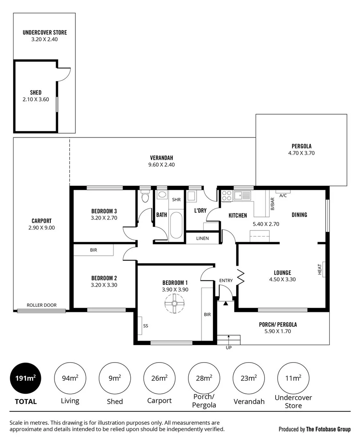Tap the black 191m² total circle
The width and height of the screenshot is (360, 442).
[x=25, y=378]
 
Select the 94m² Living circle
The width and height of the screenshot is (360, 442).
[x=70, y=378]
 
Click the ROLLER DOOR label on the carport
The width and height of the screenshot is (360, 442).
[x=41, y=305]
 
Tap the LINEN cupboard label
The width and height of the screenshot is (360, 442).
[x=202, y=238]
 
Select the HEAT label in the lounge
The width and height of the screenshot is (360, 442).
[x=320, y=269]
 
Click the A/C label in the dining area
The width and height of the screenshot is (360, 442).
[x=283, y=196]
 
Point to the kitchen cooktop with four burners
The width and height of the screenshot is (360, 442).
[x=226, y=196]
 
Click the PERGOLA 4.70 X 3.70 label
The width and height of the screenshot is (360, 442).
[x=301, y=149]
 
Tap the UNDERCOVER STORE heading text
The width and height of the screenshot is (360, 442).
[x=45, y=32]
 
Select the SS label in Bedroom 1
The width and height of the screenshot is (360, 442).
[x=145, y=326]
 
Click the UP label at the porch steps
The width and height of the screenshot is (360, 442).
[x=229, y=347]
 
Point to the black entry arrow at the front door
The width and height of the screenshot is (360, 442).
[x=226, y=303]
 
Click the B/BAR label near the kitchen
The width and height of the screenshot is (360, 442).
[x=272, y=203]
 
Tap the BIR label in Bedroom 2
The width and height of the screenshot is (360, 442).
[x=93, y=250]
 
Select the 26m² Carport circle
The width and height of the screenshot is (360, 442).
[x=159, y=378]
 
